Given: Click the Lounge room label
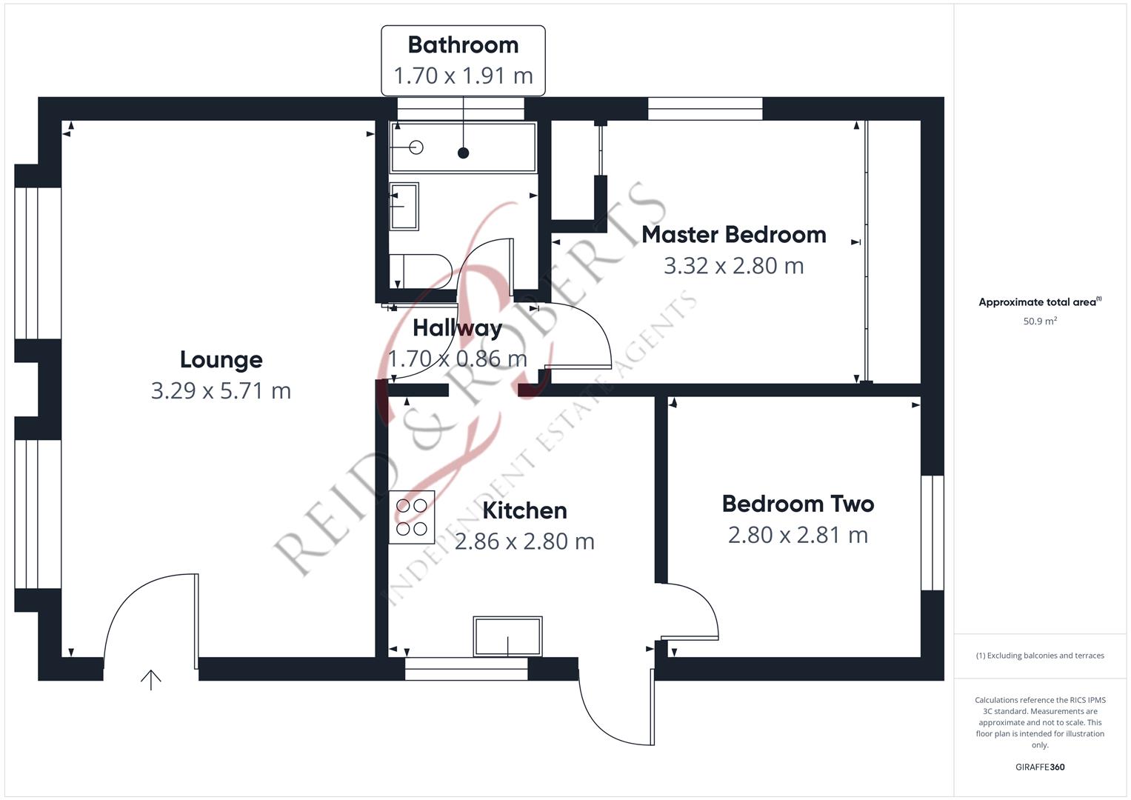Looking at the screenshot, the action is [221, 360].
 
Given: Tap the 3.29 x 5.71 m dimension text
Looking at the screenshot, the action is [221, 391].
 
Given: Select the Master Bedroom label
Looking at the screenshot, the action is [734, 235].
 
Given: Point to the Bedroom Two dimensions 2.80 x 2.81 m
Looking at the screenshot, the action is [798, 535].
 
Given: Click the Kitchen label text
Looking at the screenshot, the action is [524, 510].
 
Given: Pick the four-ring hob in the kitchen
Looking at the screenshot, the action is [412, 517].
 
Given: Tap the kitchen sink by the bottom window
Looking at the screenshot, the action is [507, 636].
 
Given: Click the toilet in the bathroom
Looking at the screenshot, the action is [421, 271].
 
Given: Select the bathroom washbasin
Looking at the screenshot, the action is [404, 206].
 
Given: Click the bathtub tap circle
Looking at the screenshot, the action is [416, 147].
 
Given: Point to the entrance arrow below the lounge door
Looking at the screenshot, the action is [151, 680].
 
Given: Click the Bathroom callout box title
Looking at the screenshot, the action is [463, 45].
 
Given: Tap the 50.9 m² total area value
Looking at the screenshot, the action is [1040, 321].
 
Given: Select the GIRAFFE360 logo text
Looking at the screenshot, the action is [1040, 767].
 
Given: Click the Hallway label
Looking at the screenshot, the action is [458, 328].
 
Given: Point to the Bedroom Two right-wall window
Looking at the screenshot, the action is [932, 533].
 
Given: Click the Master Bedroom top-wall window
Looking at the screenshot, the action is [705, 109].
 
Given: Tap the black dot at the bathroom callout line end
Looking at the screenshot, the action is [463, 153].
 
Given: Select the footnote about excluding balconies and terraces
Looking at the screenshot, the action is [1040, 656].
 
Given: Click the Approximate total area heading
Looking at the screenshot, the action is [1040, 302].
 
